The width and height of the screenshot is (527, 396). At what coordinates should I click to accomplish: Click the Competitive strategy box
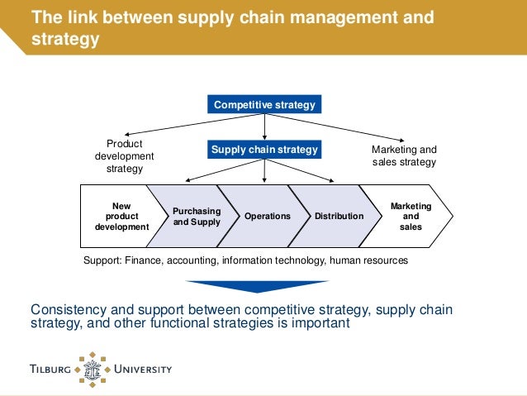click(264, 105)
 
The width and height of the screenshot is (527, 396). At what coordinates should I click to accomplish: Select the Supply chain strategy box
click(264, 150)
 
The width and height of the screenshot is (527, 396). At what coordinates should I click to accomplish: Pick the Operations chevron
click(267, 217)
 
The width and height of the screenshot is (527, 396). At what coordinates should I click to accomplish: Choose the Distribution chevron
click(338, 217)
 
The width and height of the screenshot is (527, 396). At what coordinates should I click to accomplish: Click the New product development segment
click(121, 217)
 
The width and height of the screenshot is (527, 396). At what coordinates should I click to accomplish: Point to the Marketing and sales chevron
click(410, 217)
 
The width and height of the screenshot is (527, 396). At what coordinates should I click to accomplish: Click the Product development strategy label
click(124, 156)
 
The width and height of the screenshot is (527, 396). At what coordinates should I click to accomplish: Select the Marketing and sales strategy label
click(404, 156)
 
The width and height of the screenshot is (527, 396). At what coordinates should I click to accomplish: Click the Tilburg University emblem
click(97, 367)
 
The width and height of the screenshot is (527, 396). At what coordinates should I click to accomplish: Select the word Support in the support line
click(103, 260)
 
